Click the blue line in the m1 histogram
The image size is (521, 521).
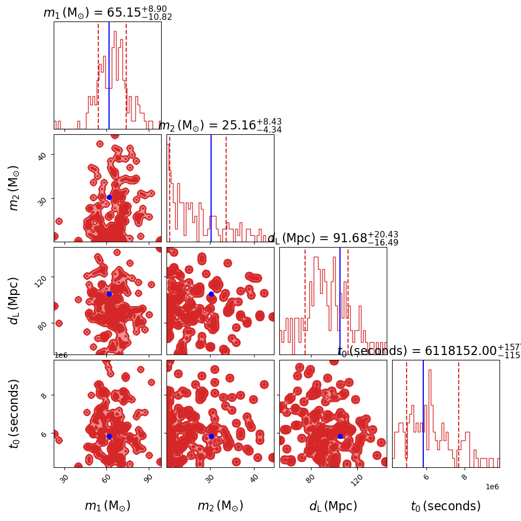(109, 75)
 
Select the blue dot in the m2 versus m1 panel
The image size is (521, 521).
(109, 197)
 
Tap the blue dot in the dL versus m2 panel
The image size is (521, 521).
(211, 294)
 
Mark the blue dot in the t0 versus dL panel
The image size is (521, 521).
(340, 436)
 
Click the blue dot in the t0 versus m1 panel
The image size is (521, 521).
(109, 436)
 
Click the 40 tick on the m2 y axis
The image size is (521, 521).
(43, 155)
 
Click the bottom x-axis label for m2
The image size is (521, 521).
(220, 506)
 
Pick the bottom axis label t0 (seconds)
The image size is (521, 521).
(446, 506)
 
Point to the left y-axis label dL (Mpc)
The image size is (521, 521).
(15, 301)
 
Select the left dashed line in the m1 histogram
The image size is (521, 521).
(98, 75)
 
